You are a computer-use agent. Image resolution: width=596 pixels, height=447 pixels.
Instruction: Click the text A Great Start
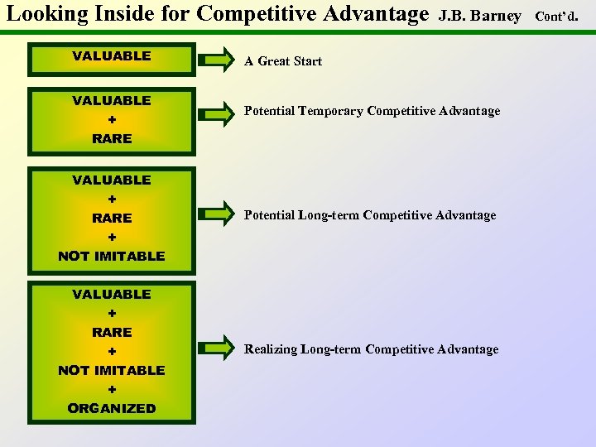282,61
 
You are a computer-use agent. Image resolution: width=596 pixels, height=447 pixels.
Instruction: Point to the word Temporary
330,111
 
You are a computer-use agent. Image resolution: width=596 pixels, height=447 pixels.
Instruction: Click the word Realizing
271,349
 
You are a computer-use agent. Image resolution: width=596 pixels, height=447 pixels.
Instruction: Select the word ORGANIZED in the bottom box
112,408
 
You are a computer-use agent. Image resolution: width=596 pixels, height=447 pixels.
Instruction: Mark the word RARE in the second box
112,138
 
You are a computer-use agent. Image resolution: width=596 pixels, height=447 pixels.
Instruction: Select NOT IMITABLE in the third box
112,256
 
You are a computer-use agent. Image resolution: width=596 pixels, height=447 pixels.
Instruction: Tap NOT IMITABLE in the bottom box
112,370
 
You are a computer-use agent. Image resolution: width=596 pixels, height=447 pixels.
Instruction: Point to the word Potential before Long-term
271,215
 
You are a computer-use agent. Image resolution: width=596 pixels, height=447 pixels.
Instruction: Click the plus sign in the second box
112,120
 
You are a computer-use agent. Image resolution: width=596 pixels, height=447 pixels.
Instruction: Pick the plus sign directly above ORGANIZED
112,389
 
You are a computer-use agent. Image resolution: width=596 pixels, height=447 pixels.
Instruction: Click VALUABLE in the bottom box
112,294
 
